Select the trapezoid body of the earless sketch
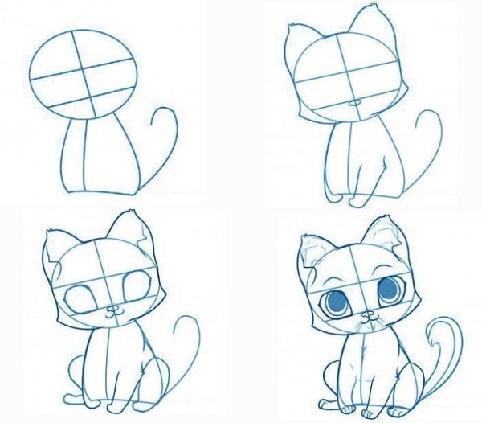[100, 157]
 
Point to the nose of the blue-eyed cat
[368, 314]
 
